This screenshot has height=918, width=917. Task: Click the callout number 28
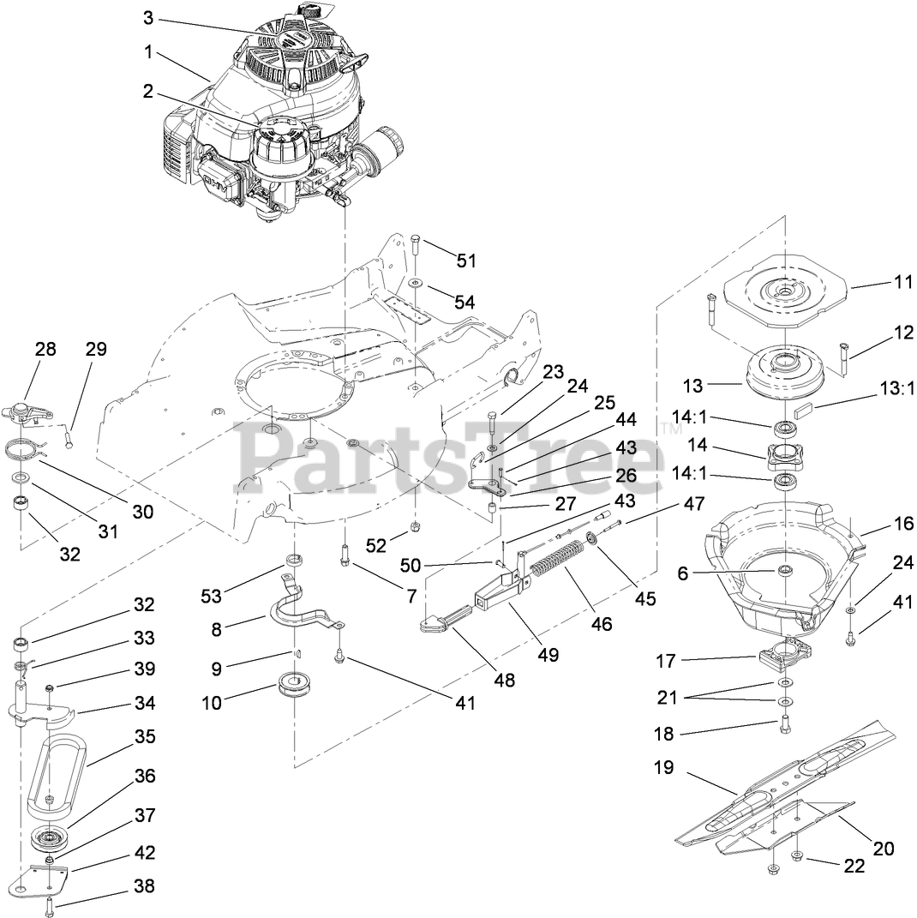pos(45,349)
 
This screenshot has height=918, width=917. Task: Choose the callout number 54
pos(464,302)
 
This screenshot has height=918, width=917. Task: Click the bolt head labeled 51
pos(416,239)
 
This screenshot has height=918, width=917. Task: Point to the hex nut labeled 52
pos(415,525)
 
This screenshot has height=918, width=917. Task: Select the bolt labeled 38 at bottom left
pos(50,902)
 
